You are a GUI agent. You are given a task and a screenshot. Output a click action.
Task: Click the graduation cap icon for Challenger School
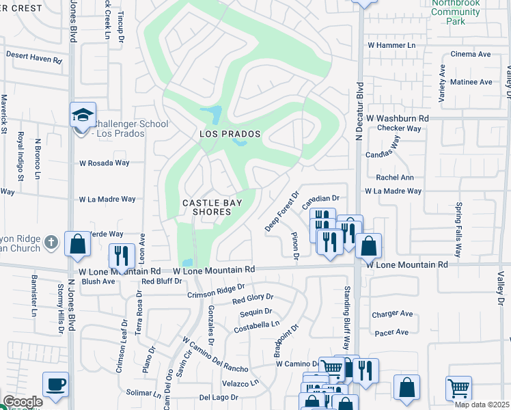(x=83, y=114)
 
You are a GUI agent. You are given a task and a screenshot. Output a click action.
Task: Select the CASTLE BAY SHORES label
(x=212, y=207)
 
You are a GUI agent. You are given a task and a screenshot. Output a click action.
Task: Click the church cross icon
(x=51, y=243)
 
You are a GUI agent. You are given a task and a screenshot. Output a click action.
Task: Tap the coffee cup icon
(x=55, y=383)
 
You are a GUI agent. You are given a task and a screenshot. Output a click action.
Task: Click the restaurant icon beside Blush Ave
(x=122, y=256)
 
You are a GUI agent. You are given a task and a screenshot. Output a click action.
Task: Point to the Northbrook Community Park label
(x=456, y=12)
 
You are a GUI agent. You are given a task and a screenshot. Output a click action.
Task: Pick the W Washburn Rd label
(x=397, y=118)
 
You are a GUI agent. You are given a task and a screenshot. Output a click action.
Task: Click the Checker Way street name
(x=399, y=128)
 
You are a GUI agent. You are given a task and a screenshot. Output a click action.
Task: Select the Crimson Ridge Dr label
(x=216, y=291)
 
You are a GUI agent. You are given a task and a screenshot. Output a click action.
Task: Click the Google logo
(x=22, y=402)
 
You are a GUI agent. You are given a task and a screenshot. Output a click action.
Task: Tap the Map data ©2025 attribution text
(x=482, y=405)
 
